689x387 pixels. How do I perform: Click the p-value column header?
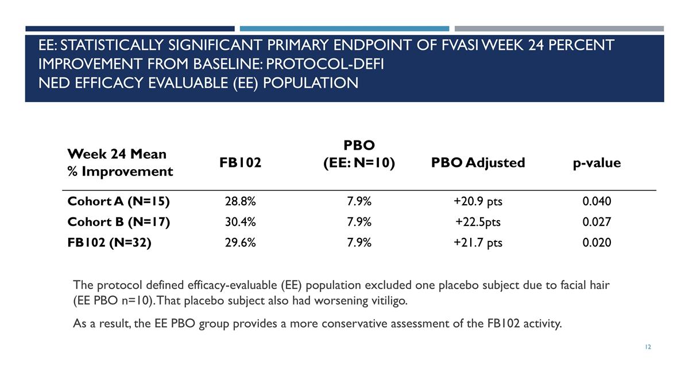(x=597, y=163)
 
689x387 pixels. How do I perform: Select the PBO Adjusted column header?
(x=478, y=163)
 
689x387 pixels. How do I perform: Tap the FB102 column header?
(x=240, y=162)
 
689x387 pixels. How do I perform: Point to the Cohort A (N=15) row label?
(x=118, y=201)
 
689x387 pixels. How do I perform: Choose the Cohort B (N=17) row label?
(x=118, y=222)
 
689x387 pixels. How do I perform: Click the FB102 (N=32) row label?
(x=109, y=243)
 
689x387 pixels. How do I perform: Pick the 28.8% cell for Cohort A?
(x=240, y=201)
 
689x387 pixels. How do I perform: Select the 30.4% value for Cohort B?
(x=240, y=222)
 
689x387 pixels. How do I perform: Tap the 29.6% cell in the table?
(x=240, y=243)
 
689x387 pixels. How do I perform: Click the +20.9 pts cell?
(x=478, y=201)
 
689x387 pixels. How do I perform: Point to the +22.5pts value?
(x=478, y=222)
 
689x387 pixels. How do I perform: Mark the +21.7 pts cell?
(x=478, y=243)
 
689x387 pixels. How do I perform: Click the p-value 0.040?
(x=597, y=201)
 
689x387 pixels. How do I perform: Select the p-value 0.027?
(x=597, y=222)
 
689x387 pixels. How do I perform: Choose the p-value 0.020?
(x=597, y=243)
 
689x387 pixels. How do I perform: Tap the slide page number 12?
(x=648, y=347)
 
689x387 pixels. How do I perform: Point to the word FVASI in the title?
(x=460, y=45)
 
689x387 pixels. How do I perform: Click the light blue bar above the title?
(x=344, y=29)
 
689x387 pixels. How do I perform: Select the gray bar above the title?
(x=559, y=29)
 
